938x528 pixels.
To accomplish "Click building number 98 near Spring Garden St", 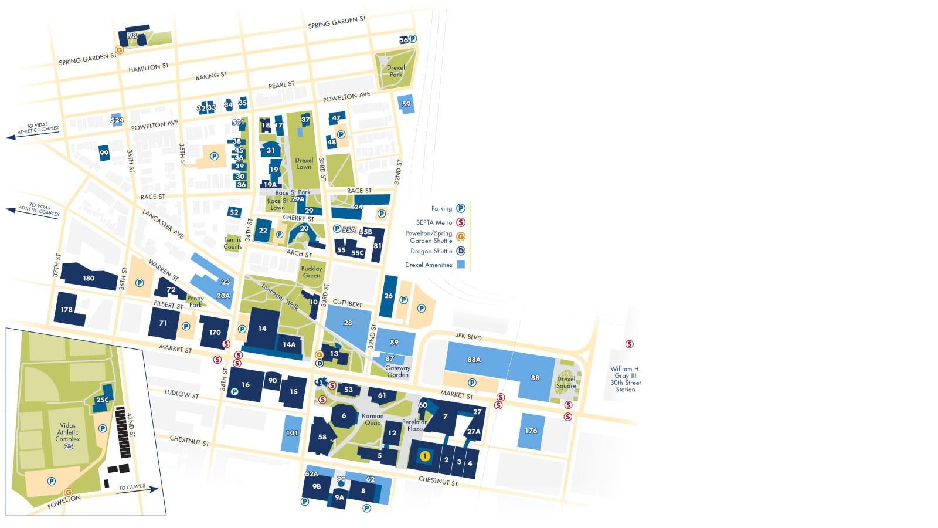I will click(x=132, y=36).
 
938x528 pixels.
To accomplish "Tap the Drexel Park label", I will click(x=396, y=71).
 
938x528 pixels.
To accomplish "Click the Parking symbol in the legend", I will click(x=461, y=208).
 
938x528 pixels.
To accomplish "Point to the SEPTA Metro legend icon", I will click(x=461, y=222).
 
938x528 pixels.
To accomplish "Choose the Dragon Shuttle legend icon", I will click(x=461, y=251).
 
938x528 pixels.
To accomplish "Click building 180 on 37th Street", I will click(x=89, y=278).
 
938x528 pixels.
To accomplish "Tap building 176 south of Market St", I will click(x=531, y=431).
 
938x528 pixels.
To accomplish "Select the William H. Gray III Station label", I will click(x=625, y=379).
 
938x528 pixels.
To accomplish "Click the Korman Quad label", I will click(x=373, y=419).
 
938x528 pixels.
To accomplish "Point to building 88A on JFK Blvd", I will click(x=474, y=360).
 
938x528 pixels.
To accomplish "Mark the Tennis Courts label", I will click(x=233, y=243).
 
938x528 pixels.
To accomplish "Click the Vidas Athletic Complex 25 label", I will click(x=67, y=436).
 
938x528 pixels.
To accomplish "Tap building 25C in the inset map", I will click(x=102, y=400).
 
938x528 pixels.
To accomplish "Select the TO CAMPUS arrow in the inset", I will click(x=138, y=489).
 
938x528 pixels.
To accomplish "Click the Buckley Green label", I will click(x=311, y=272).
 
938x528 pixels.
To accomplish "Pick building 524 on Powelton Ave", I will click(x=117, y=120).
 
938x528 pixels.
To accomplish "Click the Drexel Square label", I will click(x=566, y=383).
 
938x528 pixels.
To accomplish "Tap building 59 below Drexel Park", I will click(x=406, y=104).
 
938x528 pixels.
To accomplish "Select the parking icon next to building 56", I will click(x=413, y=39).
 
